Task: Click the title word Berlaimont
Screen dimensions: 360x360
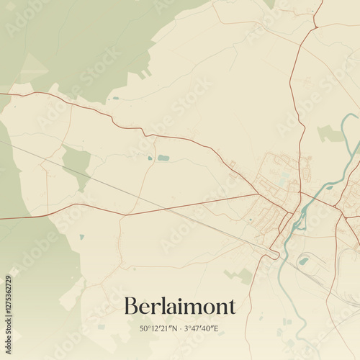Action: pos(180,306)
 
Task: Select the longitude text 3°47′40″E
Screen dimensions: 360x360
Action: pos(201,328)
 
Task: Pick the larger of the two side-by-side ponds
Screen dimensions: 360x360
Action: pos(163,158)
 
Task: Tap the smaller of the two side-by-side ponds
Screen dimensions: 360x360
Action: pos(150,158)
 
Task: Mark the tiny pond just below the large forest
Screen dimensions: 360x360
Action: pos(115,98)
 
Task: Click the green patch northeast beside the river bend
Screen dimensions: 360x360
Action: pos(330,133)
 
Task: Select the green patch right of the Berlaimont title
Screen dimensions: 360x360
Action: pos(243,275)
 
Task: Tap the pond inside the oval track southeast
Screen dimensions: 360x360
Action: pos(305,261)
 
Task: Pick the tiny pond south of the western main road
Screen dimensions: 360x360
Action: pos(82,236)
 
